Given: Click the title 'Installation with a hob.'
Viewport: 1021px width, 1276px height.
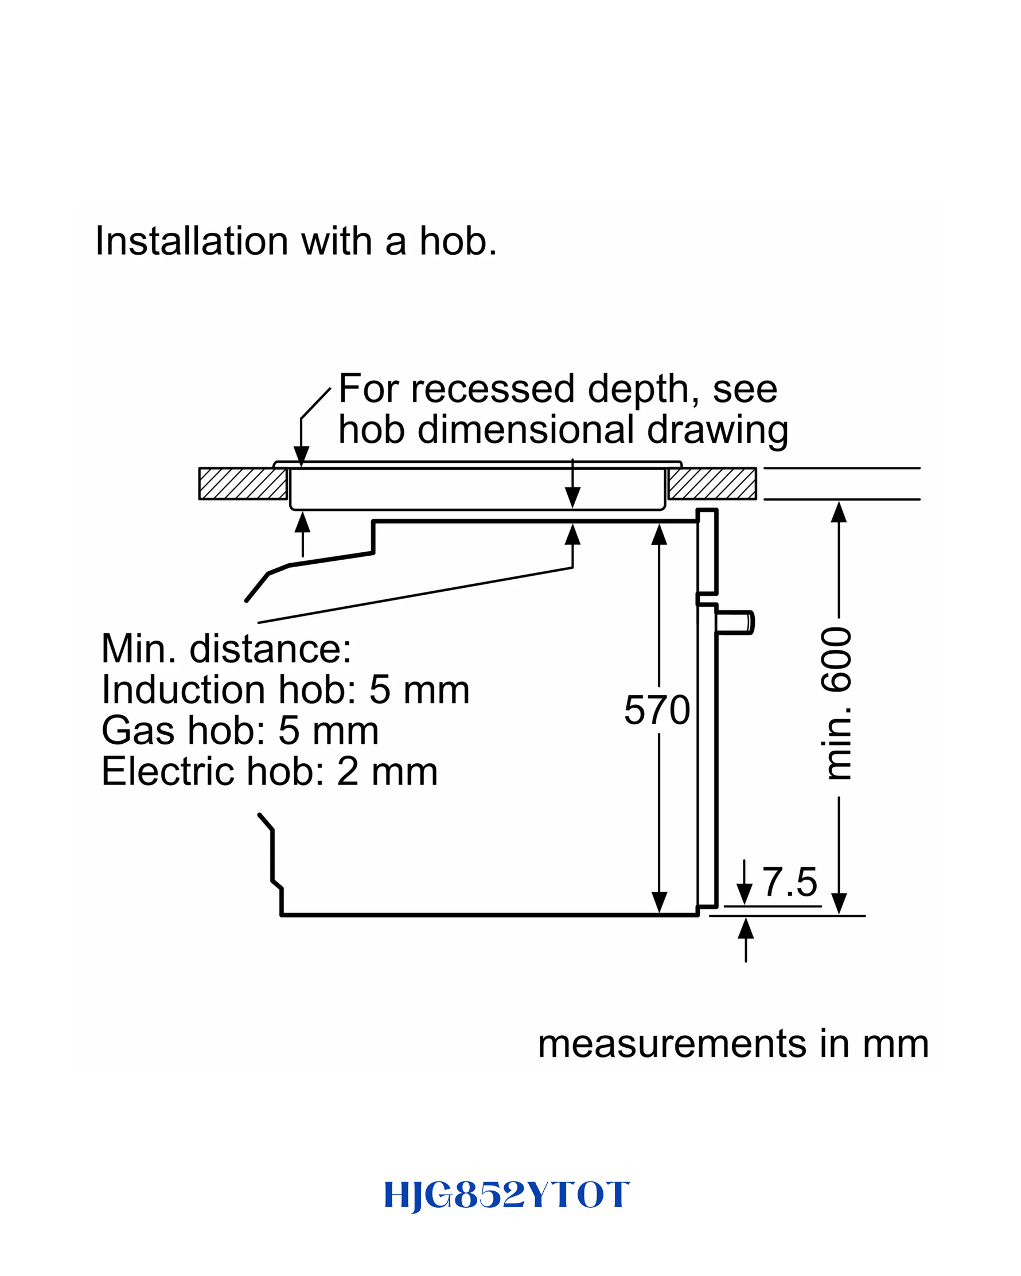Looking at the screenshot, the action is click(x=296, y=241).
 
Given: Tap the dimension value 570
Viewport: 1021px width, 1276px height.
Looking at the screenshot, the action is click(x=657, y=709).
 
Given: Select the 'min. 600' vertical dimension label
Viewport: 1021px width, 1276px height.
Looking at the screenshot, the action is click(x=836, y=704).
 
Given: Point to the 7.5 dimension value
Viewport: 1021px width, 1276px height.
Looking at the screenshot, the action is click(x=790, y=882).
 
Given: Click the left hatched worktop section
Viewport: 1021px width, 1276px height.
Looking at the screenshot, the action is click(x=243, y=483).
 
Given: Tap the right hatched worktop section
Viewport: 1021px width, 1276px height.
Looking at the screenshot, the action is click(x=712, y=483).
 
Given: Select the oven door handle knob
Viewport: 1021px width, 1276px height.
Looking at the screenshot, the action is click(x=735, y=623).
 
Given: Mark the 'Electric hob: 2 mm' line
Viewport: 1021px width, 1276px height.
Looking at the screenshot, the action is click(x=270, y=771).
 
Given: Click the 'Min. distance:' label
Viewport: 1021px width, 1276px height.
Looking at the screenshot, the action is click(x=226, y=649).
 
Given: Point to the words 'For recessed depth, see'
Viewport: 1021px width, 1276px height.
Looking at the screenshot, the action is click(x=558, y=389).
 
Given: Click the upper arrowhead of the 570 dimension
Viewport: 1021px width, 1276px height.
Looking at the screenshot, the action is click(x=658, y=534).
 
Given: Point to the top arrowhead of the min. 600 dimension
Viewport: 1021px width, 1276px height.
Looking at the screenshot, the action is click(x=839, y=512).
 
